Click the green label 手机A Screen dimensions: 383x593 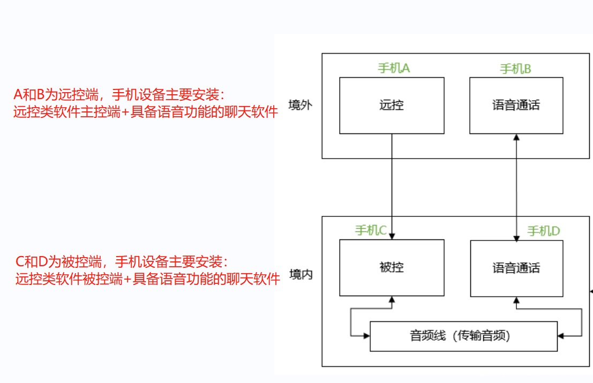[394, 68]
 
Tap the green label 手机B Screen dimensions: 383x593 [515, 69]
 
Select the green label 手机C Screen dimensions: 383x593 [371, 230]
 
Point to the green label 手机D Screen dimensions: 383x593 [543, 231]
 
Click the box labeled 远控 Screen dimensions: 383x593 [392, 106]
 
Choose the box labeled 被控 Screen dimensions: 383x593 [392, 267]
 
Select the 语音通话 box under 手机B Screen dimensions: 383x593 [516, 106]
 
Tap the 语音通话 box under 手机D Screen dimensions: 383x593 [516, 267]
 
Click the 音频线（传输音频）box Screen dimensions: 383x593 [463, 336]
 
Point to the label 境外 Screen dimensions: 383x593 [300, 105]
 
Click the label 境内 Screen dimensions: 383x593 [300, 275]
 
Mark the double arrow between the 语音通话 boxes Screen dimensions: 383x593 [516, 187]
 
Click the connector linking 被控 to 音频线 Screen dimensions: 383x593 [351, 321]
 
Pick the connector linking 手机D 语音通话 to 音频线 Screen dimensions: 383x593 [581, 321]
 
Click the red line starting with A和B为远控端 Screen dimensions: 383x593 [120, 95]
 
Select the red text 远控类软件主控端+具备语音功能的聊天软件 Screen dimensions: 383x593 [146, 112]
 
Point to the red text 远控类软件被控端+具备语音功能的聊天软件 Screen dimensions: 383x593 [148, 279]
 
